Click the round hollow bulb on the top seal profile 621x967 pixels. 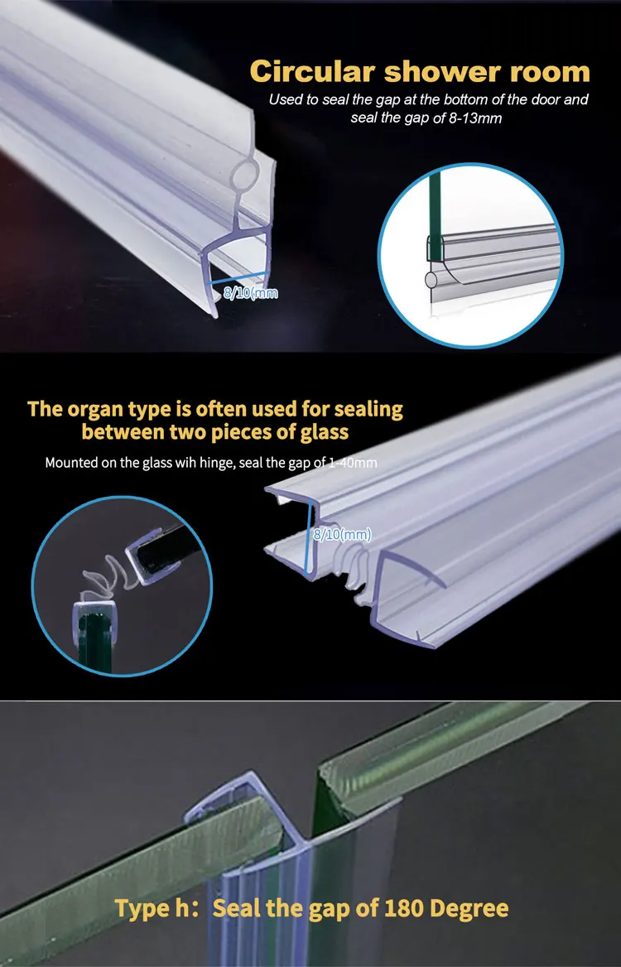coord(248,177)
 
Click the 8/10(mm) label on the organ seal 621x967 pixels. coord(342,535)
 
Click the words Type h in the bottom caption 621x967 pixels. coord(152,908)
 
